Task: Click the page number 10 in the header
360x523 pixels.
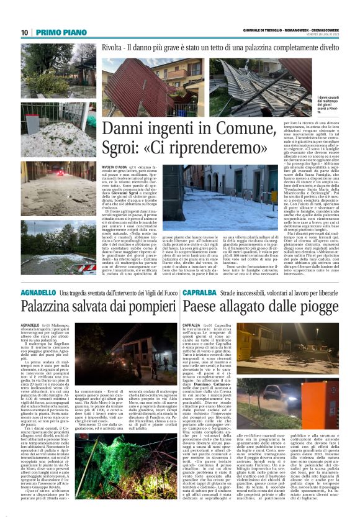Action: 24,32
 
